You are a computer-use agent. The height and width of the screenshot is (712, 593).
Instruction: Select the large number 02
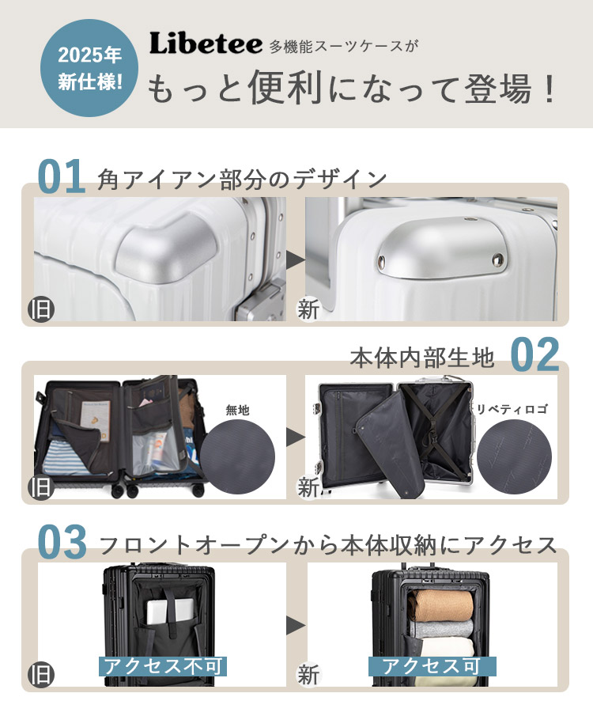pyautogui.click(x=534, y=355)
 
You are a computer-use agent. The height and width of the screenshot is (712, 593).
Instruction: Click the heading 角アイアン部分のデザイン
pyautogui.click(x=241, y=179)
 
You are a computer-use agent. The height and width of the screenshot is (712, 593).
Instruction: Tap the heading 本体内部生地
pyautogui.click(x=422, y=358)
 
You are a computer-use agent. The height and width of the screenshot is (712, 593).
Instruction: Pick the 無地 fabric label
pyautogui.click(x=237, y=410)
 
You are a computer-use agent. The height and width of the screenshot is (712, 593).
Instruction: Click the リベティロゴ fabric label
pyautogui.click(x=512, y=410)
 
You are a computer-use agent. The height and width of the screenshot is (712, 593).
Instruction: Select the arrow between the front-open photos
pyautogui.click(x=296, y=625)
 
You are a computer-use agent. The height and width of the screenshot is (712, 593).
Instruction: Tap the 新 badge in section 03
pyautogui.click(x=308, y=675)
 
